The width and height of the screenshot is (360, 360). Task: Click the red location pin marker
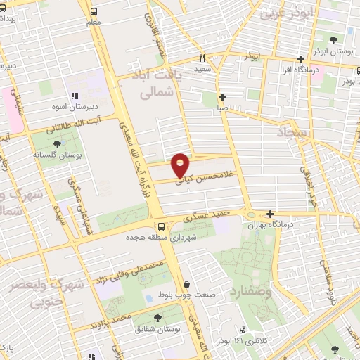point(181,165)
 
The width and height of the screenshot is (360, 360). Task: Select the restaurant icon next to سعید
point(202,58)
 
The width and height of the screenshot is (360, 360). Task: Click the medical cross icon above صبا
point(222,97)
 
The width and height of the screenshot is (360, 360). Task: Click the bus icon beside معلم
point(94,11)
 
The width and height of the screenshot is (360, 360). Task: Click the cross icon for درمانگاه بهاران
point(270,214)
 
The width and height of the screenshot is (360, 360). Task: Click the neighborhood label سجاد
point(288,131)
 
